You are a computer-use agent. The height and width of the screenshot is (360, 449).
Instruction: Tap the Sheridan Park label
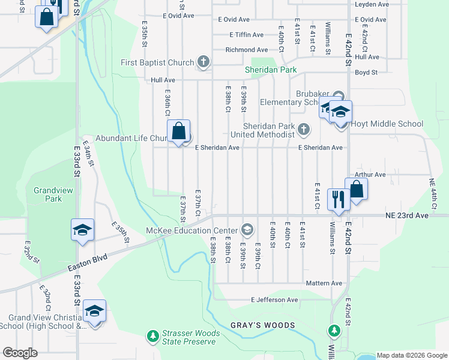click(x=271, y=70)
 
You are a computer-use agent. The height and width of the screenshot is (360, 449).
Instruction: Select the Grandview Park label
click(x=47, y=194)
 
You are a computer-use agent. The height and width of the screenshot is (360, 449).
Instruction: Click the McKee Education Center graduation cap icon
click(x=246, y=230)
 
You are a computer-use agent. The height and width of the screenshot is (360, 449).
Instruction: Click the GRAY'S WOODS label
click(x=263, y=325)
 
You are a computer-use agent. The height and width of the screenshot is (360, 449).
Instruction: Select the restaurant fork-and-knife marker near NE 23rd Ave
click(x=339, y=198)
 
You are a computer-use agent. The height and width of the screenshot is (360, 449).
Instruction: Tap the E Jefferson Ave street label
click(x=274, y=300)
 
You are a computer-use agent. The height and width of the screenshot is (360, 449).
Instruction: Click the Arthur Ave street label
click(x=369, y=175)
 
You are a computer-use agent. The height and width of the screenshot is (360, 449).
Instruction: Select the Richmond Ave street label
click(x=246, y=50)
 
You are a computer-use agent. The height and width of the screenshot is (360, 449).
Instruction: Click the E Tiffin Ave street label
click(x=242, y=35)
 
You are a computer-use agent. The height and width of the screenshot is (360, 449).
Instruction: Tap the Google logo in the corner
click(x=20, y=353)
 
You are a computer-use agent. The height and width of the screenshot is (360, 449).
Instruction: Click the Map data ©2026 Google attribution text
click(x=411, y=355)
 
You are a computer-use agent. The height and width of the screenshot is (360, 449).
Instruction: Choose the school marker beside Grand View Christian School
click(x=94, y=312)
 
